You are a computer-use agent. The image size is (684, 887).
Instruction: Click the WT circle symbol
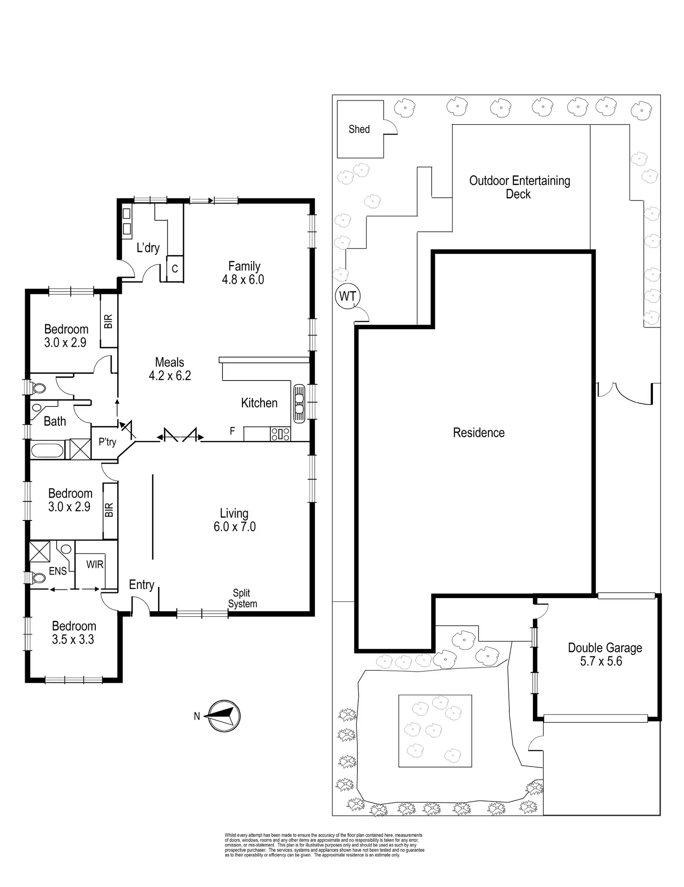tap(348, 296)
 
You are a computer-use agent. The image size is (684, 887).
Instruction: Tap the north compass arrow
tap(223, 716)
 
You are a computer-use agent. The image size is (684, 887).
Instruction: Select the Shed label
tap(359, 129)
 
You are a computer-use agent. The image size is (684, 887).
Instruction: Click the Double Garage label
tap(605, 648)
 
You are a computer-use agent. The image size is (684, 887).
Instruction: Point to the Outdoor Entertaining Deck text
tap(520, 187)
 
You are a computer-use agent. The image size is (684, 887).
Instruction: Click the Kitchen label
tap(259, 403)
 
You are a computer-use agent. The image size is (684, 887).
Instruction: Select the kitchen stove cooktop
tap(281, 434)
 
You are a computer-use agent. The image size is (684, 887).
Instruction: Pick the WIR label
tap(95, 564)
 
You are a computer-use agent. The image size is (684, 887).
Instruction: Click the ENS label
tap(58, 571)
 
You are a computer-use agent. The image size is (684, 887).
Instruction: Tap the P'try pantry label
tap(107, 441)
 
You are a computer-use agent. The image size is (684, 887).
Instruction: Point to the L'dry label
tap(148, 247)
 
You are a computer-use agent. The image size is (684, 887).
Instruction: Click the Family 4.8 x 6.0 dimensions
tap(243, 280)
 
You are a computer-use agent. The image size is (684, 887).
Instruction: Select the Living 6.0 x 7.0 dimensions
tap(235, 527)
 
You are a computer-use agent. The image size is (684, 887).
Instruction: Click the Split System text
tap(242, 598)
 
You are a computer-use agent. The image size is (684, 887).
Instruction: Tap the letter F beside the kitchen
tap(232, 431)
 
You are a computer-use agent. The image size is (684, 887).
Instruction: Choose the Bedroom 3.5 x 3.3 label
tap(73, 633)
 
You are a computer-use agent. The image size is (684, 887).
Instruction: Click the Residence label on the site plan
tap(479, 433)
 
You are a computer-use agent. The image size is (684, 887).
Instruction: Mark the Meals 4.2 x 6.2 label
tap(170, 369)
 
